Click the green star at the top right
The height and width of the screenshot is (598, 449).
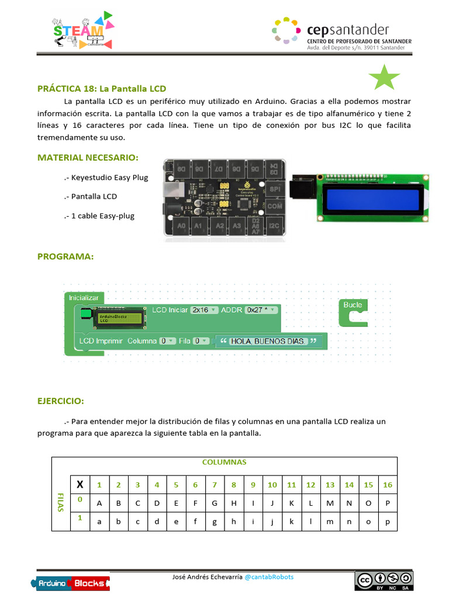[x=384, y=78]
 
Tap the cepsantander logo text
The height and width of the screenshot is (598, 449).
[x=347, y=30]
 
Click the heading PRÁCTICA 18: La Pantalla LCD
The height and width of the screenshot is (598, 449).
[x=102, y=89]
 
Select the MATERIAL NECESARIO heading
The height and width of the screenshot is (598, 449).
[x=88, y=158]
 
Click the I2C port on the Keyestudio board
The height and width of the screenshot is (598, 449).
[x=274, y=224]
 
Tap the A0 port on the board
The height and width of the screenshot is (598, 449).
[x=181, y=225]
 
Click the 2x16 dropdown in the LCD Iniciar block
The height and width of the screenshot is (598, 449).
[x=204, y=310]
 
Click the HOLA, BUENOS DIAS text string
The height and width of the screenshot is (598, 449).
[x=267, y=341]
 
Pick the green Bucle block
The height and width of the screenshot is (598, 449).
[x=353, y=312]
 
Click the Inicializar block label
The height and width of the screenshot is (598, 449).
[x=85, y=297]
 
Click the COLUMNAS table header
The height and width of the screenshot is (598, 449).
[x=224, y=462]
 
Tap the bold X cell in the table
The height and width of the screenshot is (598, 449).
[x=80, y=484]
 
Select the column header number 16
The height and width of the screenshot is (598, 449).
[x=387, y=485]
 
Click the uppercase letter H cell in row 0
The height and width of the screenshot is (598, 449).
[x=233, y=503]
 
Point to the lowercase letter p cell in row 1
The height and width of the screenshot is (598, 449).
[x=387, y=521]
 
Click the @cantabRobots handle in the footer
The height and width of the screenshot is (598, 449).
[x=269, y=577]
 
